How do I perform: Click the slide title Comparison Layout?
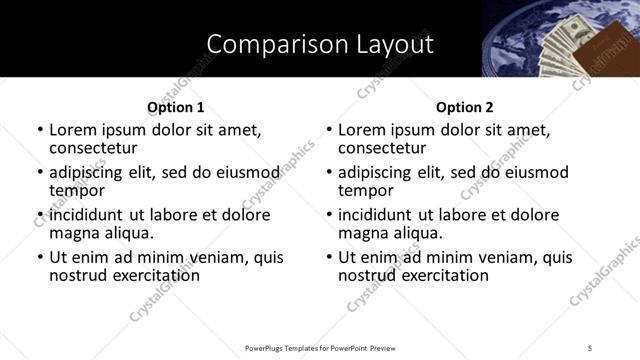320,44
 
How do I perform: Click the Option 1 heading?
175,107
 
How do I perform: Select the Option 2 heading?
464,107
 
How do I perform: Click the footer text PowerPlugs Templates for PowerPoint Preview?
320,348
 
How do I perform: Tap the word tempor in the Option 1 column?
77,191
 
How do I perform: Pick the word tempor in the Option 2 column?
366,191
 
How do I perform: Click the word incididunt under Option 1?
87,215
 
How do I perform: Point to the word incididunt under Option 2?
376,215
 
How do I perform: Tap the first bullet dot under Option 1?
40,131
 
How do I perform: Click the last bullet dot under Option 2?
329,258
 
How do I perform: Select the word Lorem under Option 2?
361,131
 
